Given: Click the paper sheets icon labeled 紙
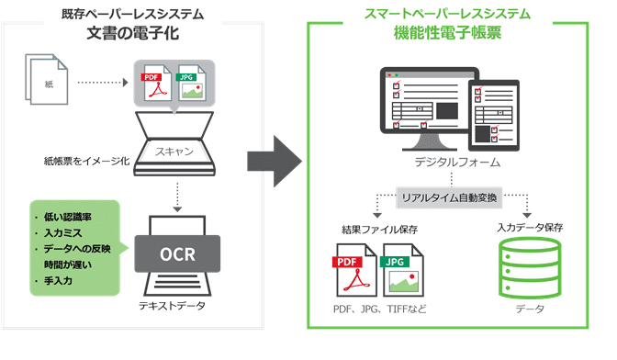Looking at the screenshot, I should click(x=49, y=82).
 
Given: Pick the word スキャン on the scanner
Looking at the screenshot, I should click(x=177, y=151).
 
